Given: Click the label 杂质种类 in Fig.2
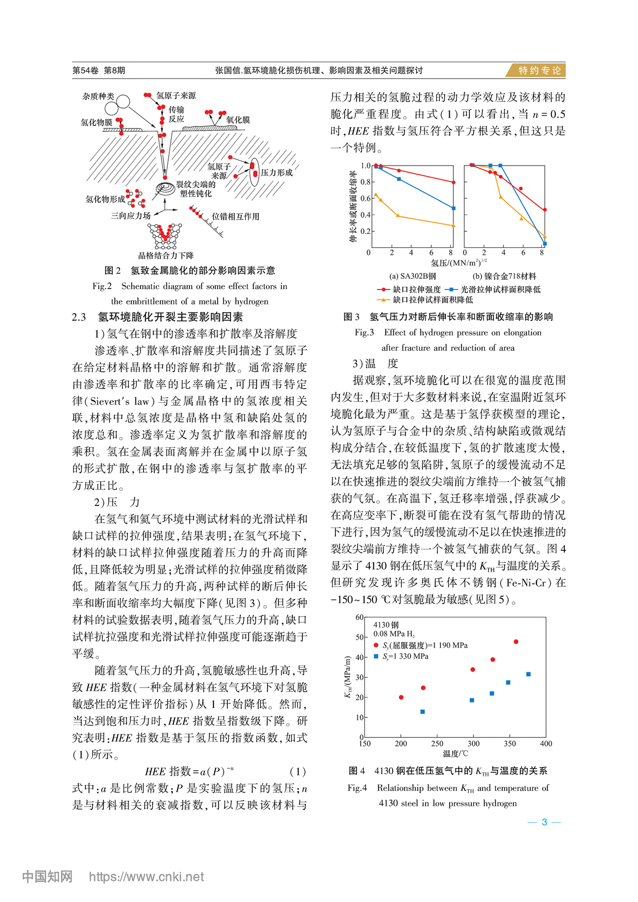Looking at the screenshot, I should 98,97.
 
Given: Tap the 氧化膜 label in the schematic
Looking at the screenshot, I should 238,120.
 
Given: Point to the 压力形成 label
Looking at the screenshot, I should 276,173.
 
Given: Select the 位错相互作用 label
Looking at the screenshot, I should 236,217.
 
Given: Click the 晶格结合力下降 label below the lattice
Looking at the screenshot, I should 166,256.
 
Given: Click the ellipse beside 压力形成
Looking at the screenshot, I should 254,173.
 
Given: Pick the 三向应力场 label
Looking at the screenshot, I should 131,216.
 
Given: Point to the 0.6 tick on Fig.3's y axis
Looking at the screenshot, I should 365,199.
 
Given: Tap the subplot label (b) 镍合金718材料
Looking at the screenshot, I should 504,276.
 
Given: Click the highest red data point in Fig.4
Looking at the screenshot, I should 516,642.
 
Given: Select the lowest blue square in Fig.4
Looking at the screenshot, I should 422,712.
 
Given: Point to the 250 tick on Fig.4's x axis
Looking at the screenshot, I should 437,744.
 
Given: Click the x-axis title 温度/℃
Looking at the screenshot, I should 455,754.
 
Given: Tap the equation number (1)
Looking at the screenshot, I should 298,771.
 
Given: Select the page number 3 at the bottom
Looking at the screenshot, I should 544,822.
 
